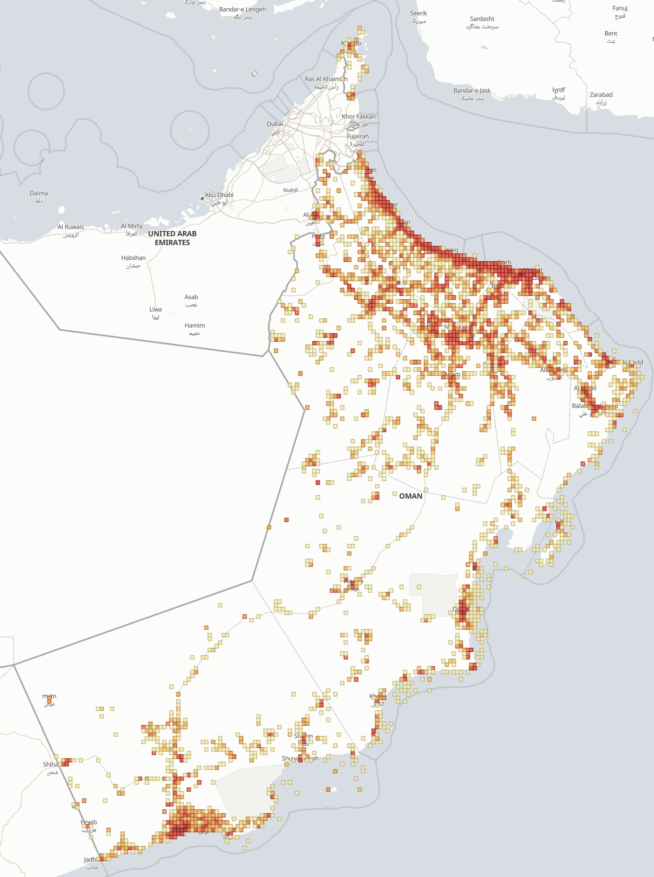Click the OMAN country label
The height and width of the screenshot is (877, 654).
411,496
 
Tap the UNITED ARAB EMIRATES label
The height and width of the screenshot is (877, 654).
172,238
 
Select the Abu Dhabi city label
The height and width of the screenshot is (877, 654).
219,195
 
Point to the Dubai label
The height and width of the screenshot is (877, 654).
275,124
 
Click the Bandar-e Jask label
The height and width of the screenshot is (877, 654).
472,91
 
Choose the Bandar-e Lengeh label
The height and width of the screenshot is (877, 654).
242,10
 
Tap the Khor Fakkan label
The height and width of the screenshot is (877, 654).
358,116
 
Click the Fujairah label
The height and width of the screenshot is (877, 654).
358,136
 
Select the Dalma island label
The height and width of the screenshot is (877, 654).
39,193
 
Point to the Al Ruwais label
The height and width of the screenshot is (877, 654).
71,227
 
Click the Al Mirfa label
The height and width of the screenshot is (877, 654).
132,226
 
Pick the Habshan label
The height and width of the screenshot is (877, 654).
133,258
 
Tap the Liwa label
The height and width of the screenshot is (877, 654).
156,309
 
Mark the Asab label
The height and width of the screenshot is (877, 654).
191,297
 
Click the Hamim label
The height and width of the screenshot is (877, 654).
194,325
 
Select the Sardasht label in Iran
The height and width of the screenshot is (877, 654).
482,19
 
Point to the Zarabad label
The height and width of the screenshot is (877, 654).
601,95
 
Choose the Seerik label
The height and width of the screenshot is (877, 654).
419,14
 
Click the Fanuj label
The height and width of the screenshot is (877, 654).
620,8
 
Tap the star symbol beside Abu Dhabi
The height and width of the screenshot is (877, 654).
202,199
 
